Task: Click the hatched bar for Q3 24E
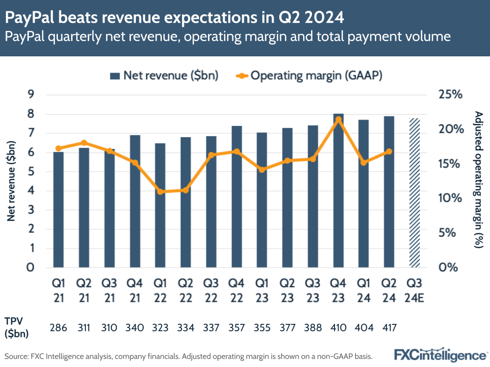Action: click(414, 193)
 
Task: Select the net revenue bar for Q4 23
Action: click(338, 191)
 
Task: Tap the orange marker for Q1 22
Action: click(160, 192)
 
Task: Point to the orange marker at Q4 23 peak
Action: click(338, 119)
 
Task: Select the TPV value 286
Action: click(58, 328)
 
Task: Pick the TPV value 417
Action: click(389, 328)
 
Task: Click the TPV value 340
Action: click(135, 328)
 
